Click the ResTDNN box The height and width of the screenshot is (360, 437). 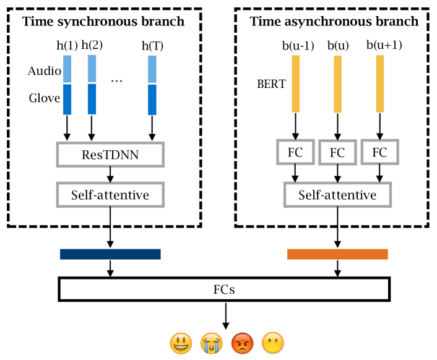[x=110, y=155]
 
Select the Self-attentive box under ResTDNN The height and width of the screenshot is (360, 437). [x=110, y=195]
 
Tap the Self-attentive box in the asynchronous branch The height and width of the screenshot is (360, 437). [x=337, y=195]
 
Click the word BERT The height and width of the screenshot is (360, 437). [x=270, y=84]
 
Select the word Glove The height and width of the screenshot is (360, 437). [x=44, y=98]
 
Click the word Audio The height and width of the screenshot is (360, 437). [x=44, y=71]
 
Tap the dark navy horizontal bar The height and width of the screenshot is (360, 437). [x=110, y=254]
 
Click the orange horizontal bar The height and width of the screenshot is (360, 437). [x=337, y=254]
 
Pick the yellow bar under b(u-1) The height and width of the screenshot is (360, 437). [x=295, y=84]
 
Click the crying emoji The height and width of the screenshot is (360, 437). [x=210, y=343]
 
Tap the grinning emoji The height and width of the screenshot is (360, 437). [x=180, y=343]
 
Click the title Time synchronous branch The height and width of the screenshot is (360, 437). [x=103, y=22]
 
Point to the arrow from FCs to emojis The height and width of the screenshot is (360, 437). [x=225, y=316]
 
